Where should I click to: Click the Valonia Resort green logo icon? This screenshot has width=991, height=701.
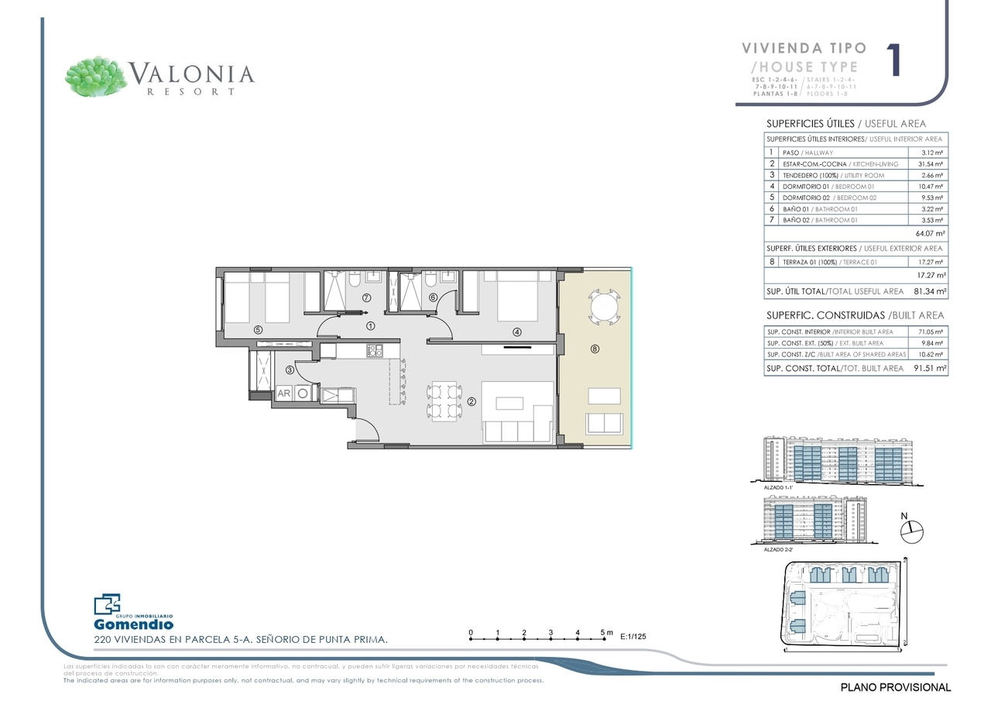point(96,76)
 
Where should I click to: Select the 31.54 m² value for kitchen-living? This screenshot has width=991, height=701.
point(931,164)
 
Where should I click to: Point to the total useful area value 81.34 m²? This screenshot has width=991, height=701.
point(930,292)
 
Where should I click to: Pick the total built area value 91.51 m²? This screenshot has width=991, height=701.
point(930,369)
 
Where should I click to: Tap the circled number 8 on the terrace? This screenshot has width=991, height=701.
point(595,349)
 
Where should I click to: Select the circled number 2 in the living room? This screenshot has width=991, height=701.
point(471,401)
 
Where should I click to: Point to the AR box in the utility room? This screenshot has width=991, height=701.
point(284,393)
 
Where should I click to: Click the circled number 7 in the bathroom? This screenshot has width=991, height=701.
point(366,297)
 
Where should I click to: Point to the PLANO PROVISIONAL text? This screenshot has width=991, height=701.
point(895,687)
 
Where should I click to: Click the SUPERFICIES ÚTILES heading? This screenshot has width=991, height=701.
point(810,123)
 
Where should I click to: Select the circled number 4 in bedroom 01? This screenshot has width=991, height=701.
point(516,332)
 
